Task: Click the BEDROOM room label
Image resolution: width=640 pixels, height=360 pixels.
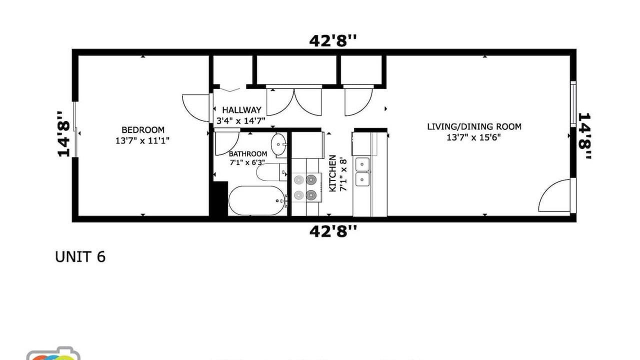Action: (143, 130)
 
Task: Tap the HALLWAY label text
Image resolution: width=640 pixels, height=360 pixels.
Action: (241, 110)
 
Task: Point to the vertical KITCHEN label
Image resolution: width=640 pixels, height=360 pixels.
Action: (332, 173)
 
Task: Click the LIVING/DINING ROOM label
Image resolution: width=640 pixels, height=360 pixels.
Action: (474, 126)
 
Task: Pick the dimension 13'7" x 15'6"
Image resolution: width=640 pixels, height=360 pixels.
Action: (473, 137)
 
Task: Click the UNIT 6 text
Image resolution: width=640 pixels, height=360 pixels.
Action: (80, 257)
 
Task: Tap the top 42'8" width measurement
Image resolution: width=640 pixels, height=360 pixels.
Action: (333, 40)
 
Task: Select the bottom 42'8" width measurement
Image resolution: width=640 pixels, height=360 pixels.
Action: (333, 231)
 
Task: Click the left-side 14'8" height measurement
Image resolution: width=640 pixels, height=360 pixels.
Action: (63, 134)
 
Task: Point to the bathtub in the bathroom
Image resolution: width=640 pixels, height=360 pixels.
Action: (257, 201)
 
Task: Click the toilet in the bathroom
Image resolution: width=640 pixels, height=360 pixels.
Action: (271, 172)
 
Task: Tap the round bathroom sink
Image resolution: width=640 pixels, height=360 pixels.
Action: (278, 144)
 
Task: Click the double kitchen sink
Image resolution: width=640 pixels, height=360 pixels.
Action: (362, 171)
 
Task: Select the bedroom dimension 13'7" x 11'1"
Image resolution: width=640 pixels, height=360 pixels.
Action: (142, 140)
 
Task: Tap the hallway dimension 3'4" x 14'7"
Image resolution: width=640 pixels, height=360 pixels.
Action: (241, 121)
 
